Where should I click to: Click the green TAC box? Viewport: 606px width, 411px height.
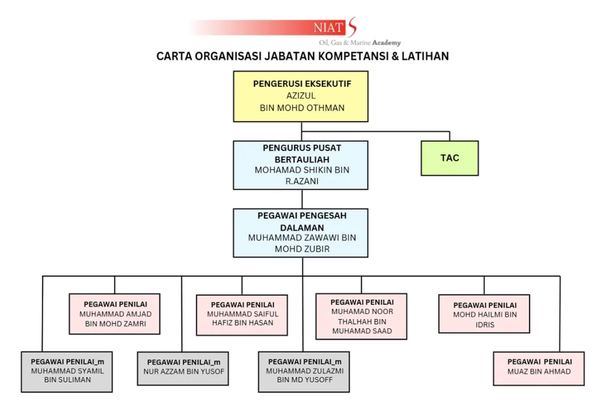[x=450, y=158]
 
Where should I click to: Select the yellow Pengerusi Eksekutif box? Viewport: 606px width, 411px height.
[x=301, y=96]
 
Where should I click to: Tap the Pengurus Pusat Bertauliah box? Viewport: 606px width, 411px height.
[x=301, y=165]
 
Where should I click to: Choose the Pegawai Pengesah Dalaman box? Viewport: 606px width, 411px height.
[x=301, y=232]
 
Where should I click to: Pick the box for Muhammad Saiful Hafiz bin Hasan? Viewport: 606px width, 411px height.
[x=241, y=315]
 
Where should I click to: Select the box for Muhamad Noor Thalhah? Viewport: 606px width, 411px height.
[x=362, y=316]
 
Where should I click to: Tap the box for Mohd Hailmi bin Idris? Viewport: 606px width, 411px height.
[x=484, y=313]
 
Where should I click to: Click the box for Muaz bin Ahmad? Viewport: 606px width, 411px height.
[x=539, y=368]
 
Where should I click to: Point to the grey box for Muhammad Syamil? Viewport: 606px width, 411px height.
[x=67, y=371]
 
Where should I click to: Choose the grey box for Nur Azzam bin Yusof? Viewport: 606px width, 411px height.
[x=183, y=369]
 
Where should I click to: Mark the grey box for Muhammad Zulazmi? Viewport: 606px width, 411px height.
[x=304, y=371]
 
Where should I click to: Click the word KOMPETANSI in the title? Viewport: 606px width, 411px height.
[x=349, y=57]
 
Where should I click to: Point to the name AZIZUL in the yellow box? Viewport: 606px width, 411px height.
[x=301, y=96]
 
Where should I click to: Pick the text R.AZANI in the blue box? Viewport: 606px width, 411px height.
[x=301, y=182]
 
